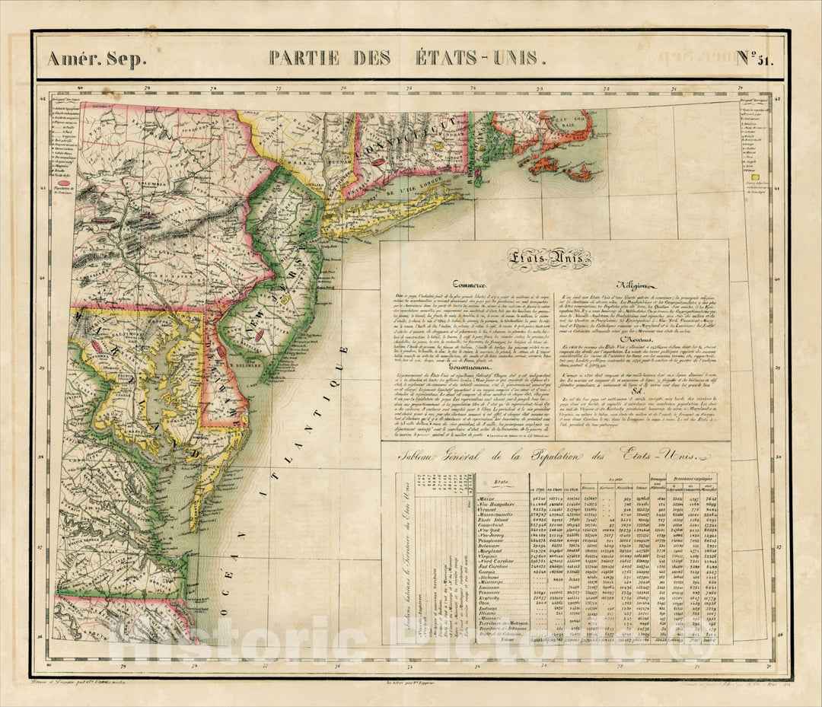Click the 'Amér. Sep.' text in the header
tap(96, 59)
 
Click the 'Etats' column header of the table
tap(502, 482)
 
